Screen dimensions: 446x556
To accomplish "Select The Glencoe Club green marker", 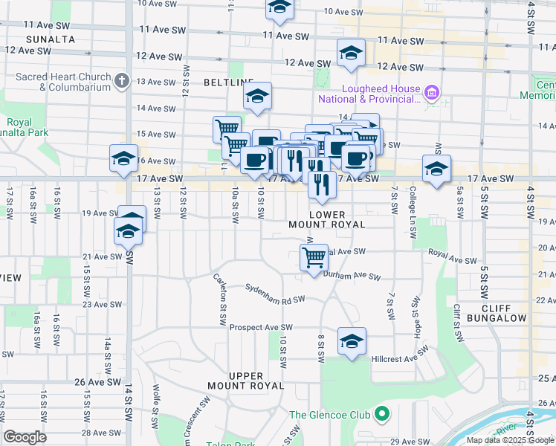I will coord(382,414).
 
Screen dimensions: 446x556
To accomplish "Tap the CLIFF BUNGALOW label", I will coord(503,313).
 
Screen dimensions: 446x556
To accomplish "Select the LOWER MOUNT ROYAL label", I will coord(327,219).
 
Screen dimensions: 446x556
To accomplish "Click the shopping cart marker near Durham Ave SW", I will coord(314,259).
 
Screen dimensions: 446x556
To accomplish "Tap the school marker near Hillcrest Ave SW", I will coord(352,340).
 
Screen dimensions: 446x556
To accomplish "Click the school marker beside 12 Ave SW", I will coord(350,53).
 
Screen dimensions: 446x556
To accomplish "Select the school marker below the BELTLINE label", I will coord(257,97).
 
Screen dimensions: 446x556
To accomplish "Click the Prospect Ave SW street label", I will coord(261,327).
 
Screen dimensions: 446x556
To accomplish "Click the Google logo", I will coord(25,437).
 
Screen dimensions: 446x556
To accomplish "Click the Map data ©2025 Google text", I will coord(511,440).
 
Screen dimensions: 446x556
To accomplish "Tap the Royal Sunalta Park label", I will coord(30,128).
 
